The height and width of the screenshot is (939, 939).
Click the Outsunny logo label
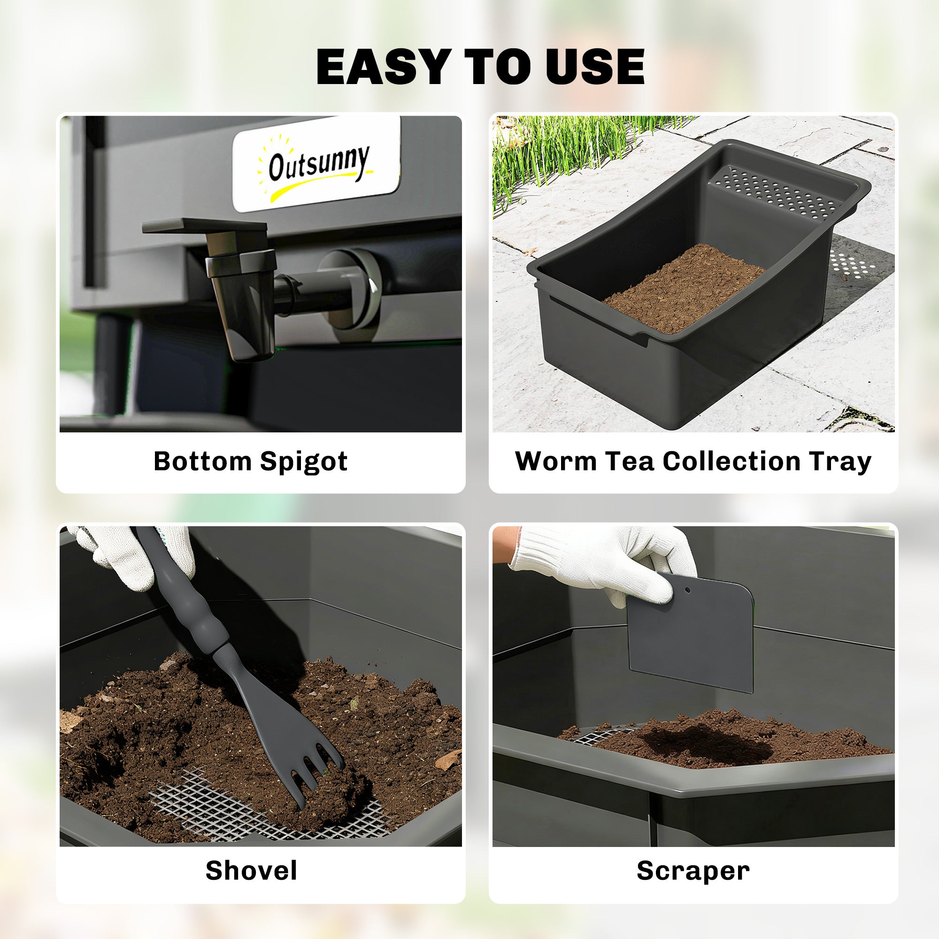coord(317,164)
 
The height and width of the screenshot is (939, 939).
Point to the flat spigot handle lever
coord(204,225)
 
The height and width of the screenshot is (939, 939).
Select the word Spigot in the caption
coord(304,462)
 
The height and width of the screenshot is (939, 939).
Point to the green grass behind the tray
coord(559,151)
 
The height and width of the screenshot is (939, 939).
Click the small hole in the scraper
coord(687,590)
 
